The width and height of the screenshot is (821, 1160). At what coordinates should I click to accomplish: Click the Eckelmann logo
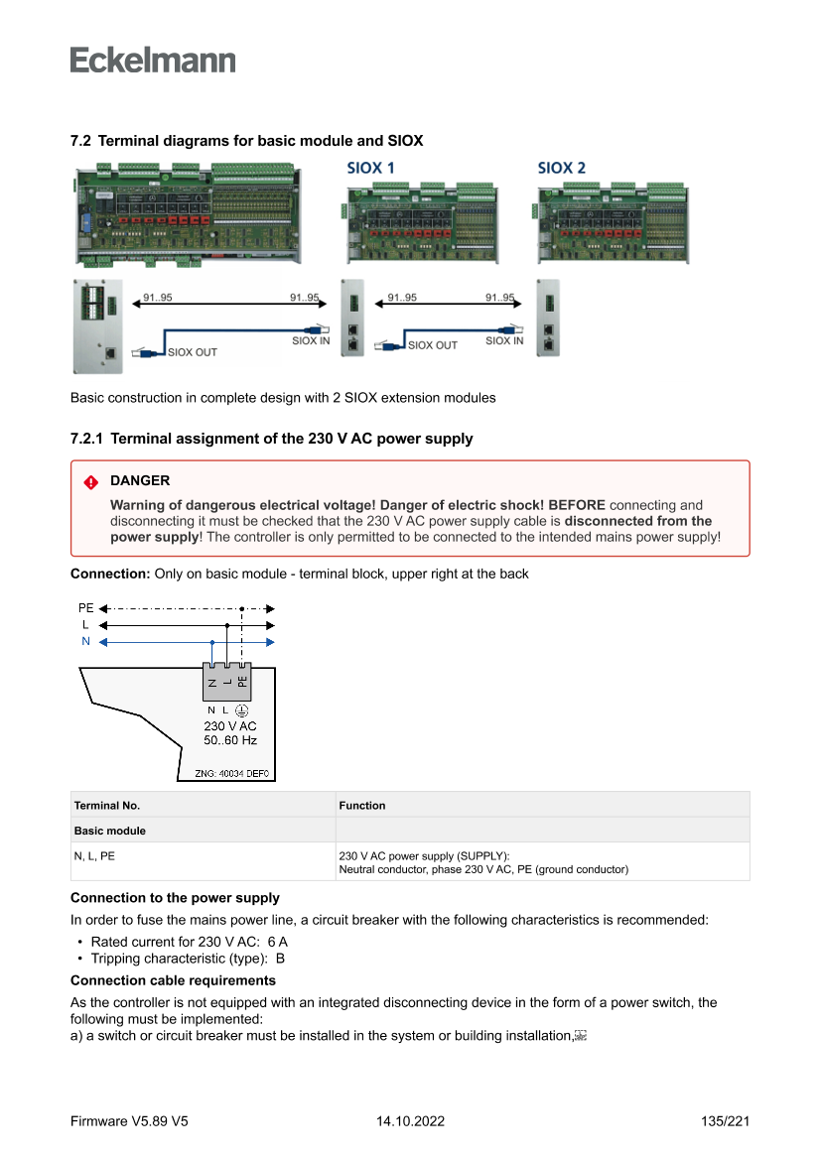pos(153,60)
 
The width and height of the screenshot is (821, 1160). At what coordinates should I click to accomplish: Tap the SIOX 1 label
pos(369,168)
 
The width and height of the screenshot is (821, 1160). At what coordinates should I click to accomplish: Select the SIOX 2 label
pos(561,168)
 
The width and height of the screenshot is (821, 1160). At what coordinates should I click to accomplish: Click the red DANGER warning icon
pos(91,482)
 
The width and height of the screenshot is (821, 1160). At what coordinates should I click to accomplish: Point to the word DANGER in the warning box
pos(140,481)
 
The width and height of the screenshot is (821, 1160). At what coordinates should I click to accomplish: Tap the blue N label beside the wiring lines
pos(86,642)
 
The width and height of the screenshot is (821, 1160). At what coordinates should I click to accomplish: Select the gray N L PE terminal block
pos(227,681)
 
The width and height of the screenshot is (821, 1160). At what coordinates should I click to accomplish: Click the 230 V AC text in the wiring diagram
pos(230,725)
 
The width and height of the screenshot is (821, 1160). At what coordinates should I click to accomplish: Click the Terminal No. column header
pos(106,806)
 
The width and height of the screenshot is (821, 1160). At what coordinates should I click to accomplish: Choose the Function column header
pos(362,806)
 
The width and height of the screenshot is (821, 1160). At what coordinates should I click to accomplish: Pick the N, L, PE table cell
pos(94,855)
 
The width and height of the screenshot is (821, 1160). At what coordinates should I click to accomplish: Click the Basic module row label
pos(109,831)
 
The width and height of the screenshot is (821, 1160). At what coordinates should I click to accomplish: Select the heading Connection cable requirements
pos(173,980)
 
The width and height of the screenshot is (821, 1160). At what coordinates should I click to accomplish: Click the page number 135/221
pos(725,1121)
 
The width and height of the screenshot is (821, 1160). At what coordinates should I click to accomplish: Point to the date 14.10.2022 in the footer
pos(410,1121)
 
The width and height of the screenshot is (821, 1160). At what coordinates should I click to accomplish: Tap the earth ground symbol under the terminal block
pos(241,710)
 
